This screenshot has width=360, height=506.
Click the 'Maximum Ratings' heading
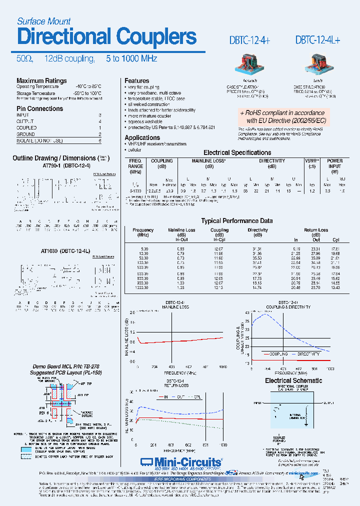pos(41,81)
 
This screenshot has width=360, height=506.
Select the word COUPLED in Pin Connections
pos(26,127)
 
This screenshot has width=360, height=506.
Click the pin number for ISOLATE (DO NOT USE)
pos(100,141)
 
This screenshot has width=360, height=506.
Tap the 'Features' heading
pos(136,81)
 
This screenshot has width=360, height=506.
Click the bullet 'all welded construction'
pos(149,104)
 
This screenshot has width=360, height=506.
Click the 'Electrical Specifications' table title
pos(237,153)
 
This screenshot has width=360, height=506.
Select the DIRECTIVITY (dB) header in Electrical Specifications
pos(271,163)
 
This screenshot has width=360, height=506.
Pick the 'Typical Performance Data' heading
pos(236,220)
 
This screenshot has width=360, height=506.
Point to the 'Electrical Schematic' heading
pos(293,380)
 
